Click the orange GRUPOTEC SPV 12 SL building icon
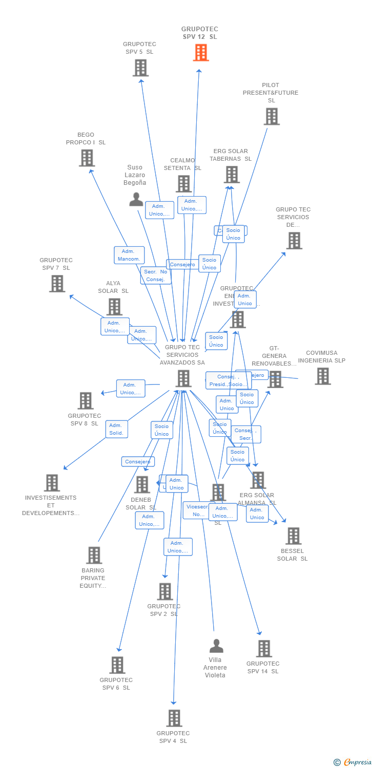coord(201,52)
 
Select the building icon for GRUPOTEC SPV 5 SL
coord(140,68)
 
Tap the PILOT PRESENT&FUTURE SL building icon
coord(272,117)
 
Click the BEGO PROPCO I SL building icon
coord(87,158)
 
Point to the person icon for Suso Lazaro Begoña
coord(136,199)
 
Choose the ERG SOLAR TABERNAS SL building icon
coord(232,175)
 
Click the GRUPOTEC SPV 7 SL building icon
coord(57,284)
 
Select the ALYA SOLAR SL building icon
coord(114,307)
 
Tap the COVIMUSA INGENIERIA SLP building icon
coord(323,376)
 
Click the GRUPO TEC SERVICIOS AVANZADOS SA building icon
coord(183,379)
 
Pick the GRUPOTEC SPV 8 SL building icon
coord(86,401)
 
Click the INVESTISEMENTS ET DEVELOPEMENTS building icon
coord(52,483)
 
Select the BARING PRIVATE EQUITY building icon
coord(94,556)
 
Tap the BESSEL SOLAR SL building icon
coord(293,536)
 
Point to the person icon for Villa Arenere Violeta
coord(216,646)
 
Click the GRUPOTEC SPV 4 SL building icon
coord(174,718)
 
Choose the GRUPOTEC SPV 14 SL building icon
coord(264,649)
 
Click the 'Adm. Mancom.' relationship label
coord(129,255)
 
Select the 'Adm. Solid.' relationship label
coord(116,429)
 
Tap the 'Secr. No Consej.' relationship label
coord(156,275)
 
